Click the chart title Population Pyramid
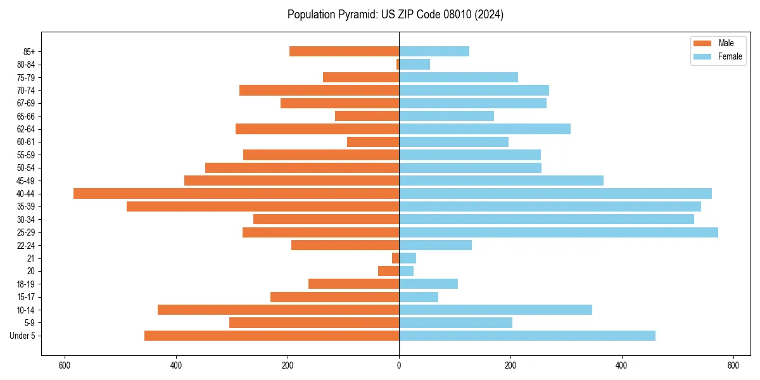pyautogui.click(x=395, y=15)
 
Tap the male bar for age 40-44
pyautogui.click(x=236, y=193)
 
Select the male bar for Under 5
pyautogui.click(x=272, y=336)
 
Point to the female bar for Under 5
pyautogui.click(x=527, y=336)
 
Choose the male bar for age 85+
pyautogui.click(x=344, y=51)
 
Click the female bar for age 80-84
pyautogui.click(x=414, y=64)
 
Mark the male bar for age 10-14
pyautogui.click(x=278, y=310)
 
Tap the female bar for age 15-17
pyautogui.click(x=419, y=297)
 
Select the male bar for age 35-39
pyautogui.click(x=263, y=206)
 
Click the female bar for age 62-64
pyautogui.click(x=484, y=129)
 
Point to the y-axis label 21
pyautogui.click(x=30, y=258)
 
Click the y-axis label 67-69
pyautogui.click(x=26, y=103)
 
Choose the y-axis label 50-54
pyautogui.click(x=26, y=168)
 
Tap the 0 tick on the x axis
pyautogui.click(x=399, y=365)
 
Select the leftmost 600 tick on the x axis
pyautogui.click(x=64, y=365)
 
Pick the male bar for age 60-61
pyautogui.click(x=373, y=142)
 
